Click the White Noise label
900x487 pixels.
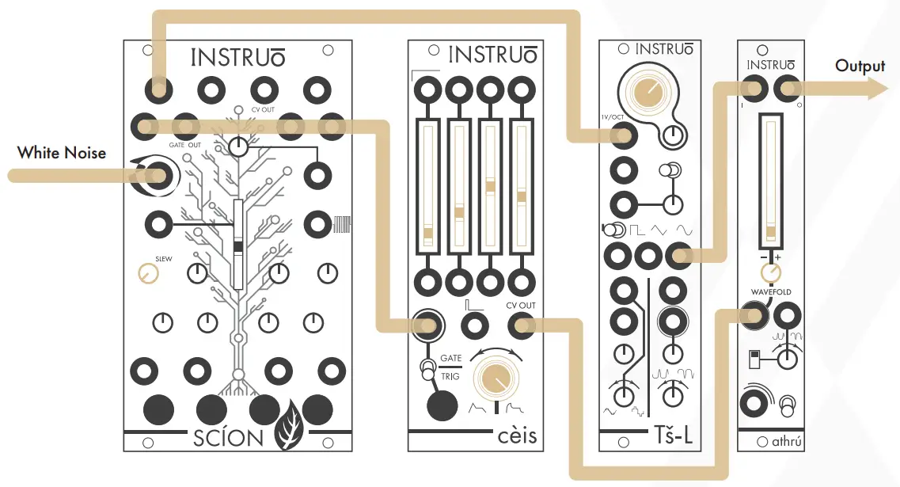[62, 152]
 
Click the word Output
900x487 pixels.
[860, 66]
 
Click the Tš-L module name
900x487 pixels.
[674, 436]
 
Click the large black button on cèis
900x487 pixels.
[442, 405]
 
